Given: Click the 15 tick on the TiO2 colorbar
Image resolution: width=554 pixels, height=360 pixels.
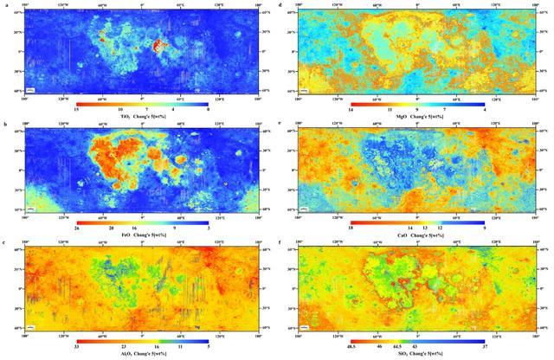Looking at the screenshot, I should click(x=77, y=108).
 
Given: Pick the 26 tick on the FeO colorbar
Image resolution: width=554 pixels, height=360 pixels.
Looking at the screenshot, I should click(x=77, y=228).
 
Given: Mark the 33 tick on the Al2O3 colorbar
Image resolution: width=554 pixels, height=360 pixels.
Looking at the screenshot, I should click(x=77, y=348).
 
